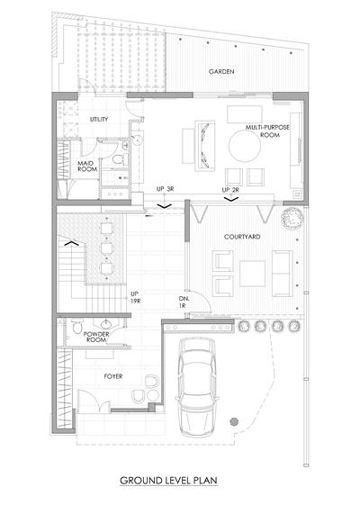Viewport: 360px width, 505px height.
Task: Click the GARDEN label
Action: point(221,71)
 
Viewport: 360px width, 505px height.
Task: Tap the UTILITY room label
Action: point(99,119)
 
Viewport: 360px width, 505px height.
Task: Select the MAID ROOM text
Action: point(87,167)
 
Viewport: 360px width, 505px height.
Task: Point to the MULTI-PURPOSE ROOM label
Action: point(267,131)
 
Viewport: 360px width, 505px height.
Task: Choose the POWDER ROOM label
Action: point(96,337)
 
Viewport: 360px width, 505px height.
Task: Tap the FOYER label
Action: point(113,376)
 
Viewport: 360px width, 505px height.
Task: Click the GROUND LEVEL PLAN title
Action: point(168,481)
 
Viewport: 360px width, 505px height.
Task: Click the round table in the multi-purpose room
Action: point(245,146)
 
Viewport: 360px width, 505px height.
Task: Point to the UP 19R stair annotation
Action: point(135,298)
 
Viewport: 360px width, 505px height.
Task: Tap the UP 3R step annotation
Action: point(166,189)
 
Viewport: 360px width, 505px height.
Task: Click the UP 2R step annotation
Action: point(230,190)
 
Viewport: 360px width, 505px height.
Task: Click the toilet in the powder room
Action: point(77,326)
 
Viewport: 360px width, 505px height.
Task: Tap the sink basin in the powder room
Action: point(105,323)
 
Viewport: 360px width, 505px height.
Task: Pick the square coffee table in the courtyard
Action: point(253,274)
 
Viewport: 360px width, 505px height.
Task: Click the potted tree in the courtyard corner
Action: point(292,218)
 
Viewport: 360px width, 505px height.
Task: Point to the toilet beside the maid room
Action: point(118,159)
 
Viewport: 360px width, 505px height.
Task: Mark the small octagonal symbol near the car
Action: point(233,422)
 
